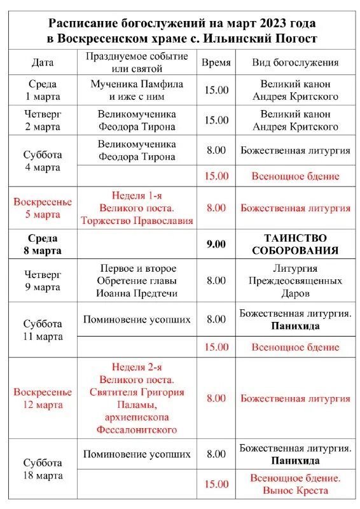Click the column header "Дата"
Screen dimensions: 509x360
(x=43, y=63)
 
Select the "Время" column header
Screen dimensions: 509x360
(x=216, y=63)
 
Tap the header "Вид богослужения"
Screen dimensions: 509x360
(x=294, y=63)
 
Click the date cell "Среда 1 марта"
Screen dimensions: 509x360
(x=43, y=90)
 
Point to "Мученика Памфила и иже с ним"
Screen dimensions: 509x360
(x=137, y=90)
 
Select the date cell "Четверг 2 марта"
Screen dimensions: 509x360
(x=43, y=120)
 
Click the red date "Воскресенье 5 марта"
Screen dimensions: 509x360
(x=43, y=208)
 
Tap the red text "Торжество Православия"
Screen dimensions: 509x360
(x=137, y=221)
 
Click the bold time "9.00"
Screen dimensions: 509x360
(x=216, y=244)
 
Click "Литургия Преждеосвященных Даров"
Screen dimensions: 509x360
(x=294, y=281)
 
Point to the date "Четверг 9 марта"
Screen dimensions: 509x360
(x=43, y=281)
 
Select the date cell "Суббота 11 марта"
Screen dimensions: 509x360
(x=43, y=330)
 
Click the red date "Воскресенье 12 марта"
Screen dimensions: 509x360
(x=43, y=398)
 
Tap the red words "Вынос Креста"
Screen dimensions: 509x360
(x=294, y=491)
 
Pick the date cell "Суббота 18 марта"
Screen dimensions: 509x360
(x=43, y=469)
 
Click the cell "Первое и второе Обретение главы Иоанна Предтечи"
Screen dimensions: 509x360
(x=137, y=281)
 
